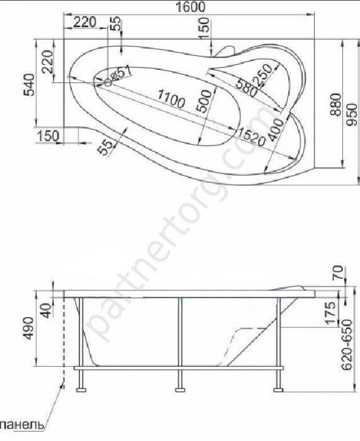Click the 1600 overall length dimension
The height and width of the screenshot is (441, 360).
coord(190,7)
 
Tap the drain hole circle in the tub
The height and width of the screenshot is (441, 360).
coord(108,83)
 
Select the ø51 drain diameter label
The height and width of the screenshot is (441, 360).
coord(121,74)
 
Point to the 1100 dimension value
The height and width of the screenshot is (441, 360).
coord(171,99)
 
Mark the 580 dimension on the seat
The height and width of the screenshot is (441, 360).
coord(247,88)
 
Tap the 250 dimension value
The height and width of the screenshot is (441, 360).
coord(263,75)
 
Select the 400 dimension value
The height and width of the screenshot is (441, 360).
coord(276,130)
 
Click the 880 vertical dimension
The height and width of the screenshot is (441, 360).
coord(336,105)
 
